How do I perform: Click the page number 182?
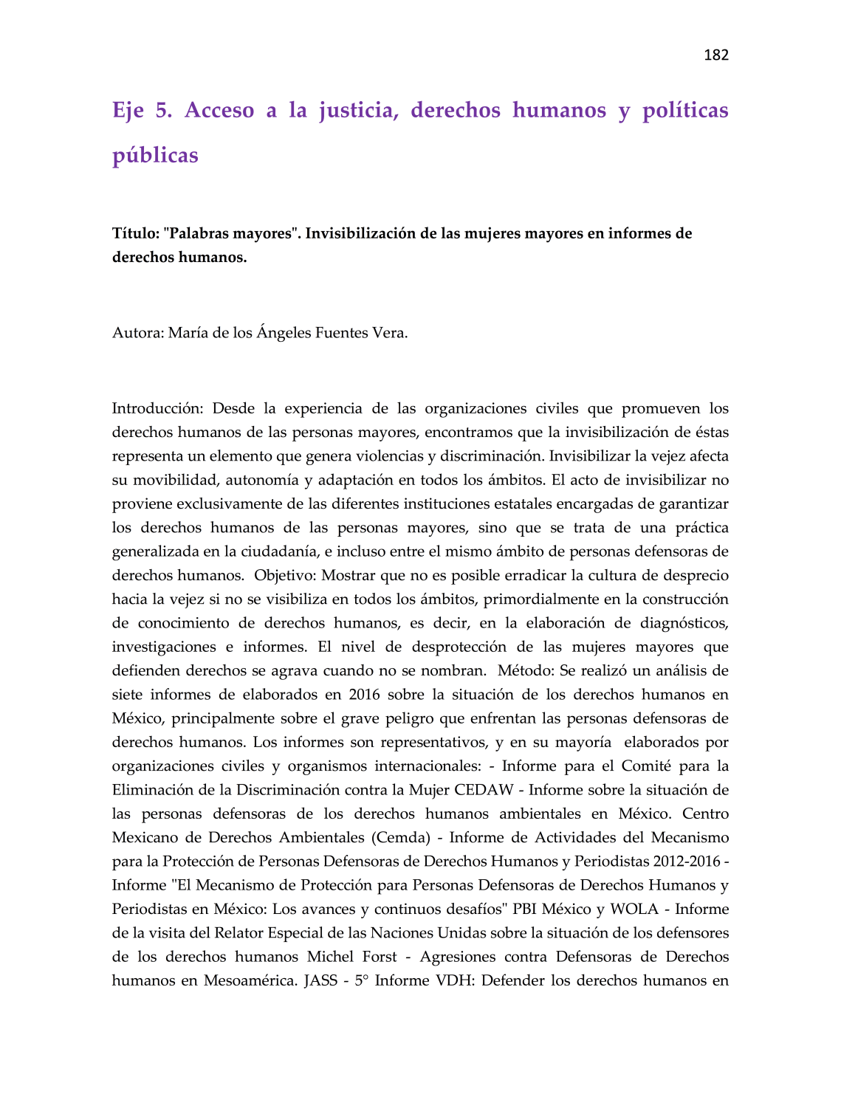point(715,55)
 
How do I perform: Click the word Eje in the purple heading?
point(128,110)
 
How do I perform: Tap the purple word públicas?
point(155,155)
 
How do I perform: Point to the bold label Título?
point(136,234)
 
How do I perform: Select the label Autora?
point(137,333)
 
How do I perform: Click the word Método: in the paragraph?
point(526,671)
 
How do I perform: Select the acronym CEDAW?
point(484,790)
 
